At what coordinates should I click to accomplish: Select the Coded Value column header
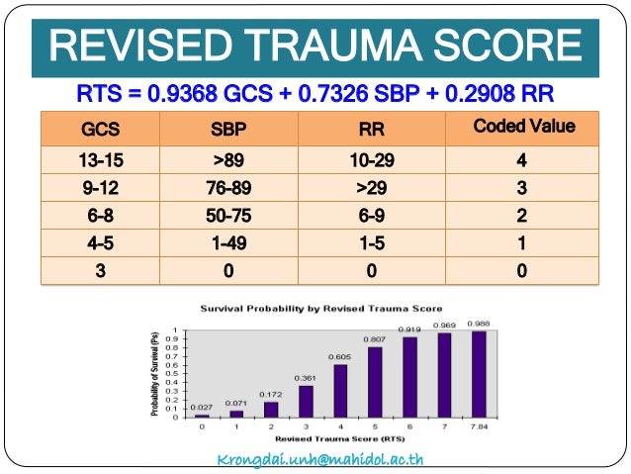[x=523, y=127]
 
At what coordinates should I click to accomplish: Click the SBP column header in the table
[x=229, y=130]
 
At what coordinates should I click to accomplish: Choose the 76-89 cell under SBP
[x=229, y=188]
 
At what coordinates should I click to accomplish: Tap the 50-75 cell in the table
[x=229, y=216]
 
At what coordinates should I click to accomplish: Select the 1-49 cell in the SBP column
[x=229, y=243]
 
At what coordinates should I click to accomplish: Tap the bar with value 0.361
[x=306, y=402]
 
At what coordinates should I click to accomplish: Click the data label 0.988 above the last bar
[x=479, y=323]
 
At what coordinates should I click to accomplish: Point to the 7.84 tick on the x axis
[x=479, y=427]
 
